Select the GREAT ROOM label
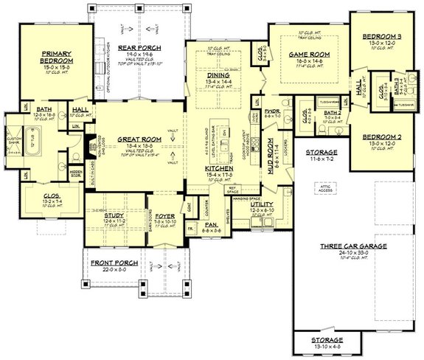[x=137, y=138]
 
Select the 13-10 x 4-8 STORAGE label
[x=323, y=341]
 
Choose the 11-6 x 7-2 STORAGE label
[x=322, y=153]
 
